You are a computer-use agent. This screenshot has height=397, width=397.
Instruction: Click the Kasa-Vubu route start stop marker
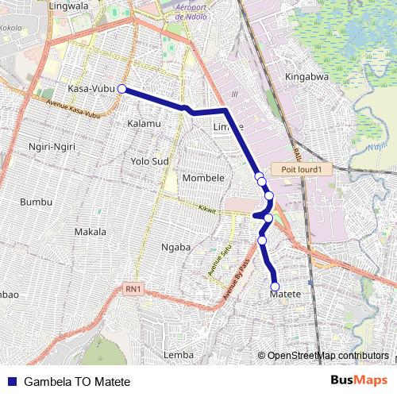click(122, 89)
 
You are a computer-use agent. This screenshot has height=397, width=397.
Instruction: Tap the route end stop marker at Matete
click(276, 287)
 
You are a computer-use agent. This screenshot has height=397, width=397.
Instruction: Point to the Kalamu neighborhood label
click(144, 124)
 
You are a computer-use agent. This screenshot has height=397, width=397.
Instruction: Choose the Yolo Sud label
click(150, 161)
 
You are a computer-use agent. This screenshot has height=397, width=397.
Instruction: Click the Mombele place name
click(204, 178)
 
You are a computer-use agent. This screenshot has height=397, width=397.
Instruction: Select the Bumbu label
click(36, 202)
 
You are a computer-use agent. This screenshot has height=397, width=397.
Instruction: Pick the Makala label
click(90, 232)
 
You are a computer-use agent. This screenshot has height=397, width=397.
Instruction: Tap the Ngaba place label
click(176, 247)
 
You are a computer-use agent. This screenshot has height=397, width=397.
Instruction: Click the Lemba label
click(178, 354)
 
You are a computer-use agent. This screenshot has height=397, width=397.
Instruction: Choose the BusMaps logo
click(359, 380)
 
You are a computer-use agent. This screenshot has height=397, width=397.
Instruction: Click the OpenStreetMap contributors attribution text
click(328, 356)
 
